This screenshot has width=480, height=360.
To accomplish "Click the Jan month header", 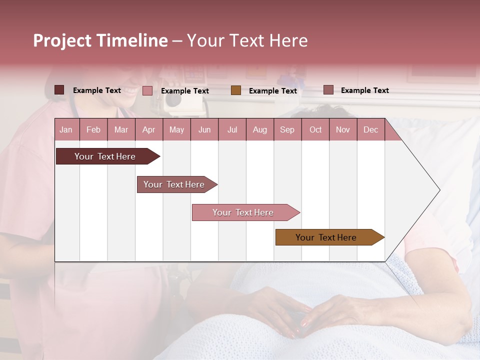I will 66,129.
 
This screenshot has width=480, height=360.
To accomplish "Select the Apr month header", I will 148,129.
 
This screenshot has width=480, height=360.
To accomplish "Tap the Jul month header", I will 232,129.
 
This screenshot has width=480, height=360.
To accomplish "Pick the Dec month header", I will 370,129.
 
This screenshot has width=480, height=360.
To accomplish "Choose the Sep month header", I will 287,129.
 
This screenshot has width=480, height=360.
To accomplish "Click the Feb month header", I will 93,129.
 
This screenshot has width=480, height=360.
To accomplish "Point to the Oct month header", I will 315,129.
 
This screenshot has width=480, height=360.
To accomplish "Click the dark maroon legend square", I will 59,90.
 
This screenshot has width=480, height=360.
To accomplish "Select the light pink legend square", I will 147,90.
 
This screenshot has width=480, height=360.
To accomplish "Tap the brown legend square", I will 236,90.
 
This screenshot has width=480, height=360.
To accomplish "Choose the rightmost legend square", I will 328,90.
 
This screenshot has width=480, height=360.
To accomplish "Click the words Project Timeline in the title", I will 100,40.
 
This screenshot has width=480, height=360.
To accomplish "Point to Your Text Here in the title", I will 247,40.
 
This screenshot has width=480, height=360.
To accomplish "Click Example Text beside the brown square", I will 272,91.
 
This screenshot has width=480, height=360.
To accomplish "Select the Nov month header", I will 343,129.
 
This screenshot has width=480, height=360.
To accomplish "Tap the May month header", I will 176,129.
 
